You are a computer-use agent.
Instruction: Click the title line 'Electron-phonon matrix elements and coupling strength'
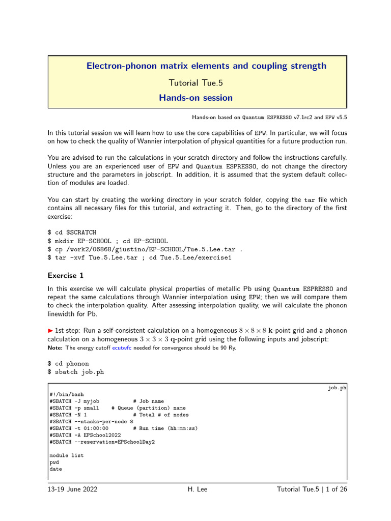(206, 66)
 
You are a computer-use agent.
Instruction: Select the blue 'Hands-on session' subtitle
(195, 98)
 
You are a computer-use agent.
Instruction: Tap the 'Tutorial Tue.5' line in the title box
(195, 82)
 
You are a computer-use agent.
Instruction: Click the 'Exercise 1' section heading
(65, 276)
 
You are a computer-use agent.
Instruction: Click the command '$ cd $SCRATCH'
(72, 232)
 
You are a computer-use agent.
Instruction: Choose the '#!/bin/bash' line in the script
(67, 394)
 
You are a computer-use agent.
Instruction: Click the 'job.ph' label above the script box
(337, 388)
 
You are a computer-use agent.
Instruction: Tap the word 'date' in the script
(55, 469)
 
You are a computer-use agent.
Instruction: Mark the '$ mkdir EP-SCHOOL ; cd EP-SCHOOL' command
(107, 241)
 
